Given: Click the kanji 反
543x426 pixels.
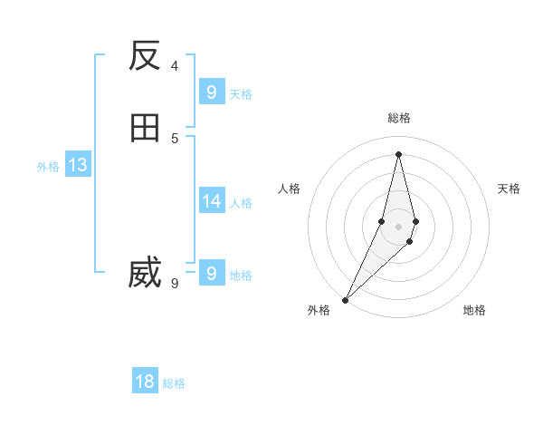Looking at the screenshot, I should click(x=145, y=56).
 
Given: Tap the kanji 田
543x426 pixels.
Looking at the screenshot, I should click(x=145, y=128).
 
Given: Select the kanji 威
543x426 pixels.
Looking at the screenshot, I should click(x=145, y=273).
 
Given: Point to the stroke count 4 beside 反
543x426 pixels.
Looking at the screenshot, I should click(x=175, y=65).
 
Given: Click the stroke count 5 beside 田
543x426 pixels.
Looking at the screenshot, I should click(x=175, y=138).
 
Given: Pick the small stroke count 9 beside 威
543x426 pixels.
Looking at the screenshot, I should click(x=175, y=283).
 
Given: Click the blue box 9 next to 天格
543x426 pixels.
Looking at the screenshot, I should click(x=211, y=92).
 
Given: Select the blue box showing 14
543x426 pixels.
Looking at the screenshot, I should click(x=211, y=200).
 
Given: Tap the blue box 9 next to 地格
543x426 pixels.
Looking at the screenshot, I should click(x=211, y=273).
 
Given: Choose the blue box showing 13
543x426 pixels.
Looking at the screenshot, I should click(x=77, y=165).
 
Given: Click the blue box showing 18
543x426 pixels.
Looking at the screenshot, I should click(x=145, y=382).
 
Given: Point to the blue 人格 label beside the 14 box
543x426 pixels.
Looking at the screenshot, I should click(x=241, y=203).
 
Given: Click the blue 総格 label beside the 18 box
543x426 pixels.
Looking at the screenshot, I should click(x=174, y=383).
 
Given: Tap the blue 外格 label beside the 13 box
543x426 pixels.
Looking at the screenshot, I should click(x=48, y=167).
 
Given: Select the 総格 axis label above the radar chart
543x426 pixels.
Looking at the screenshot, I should click(x=399, y=118).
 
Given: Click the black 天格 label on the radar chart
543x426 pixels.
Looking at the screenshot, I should click(x=509, y=189).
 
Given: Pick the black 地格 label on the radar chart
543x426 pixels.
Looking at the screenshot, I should click(x=474, y=310).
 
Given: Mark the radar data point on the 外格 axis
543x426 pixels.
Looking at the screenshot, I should click(x=346, y=299).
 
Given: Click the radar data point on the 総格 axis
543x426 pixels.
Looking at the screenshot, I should click(x=398, y=154).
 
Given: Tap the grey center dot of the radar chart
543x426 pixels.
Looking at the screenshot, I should click(x=398, y=227).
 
